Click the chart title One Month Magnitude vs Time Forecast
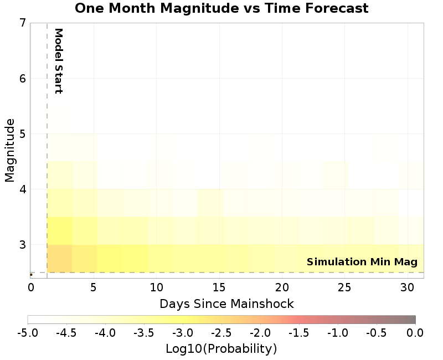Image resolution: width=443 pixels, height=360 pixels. (221, 8)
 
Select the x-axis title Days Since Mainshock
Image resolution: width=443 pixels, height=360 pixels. (226, 304)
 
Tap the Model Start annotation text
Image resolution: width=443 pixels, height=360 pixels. (58, 61)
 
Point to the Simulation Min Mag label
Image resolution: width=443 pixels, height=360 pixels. (362, 262)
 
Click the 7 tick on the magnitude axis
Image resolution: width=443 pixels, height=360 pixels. (22, 23)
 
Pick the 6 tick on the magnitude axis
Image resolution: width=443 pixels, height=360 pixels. (22, 78)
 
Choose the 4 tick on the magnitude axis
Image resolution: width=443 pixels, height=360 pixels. (22, 189)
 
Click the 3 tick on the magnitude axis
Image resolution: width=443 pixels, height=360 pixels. (22, 244)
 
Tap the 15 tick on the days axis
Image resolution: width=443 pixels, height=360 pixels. (219, 287)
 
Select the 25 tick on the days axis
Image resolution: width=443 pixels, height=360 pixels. (344, 287)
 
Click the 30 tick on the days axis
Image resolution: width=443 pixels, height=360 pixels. (407, 287)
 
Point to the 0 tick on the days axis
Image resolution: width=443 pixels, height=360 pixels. (31, 287)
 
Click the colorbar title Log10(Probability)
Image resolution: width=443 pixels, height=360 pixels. (221, 349)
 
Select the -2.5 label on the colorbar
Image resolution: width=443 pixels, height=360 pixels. (221, 332)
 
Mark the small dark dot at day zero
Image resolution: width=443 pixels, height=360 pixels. (31, 275)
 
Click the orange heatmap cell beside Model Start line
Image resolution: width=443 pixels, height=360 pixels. (59, 259)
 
